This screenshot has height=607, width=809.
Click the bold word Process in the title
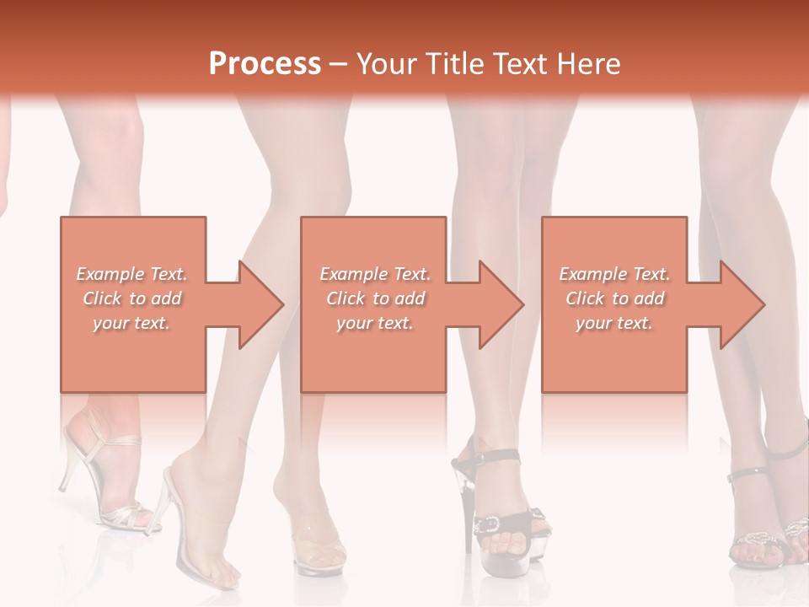tap(265, 63)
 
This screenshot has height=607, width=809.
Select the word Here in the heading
tap(590, 63)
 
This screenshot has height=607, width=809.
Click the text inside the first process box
tap(132, 298)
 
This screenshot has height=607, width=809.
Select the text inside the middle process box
tap(375, 298)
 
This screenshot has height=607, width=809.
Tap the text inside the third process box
tap(614, 298)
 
